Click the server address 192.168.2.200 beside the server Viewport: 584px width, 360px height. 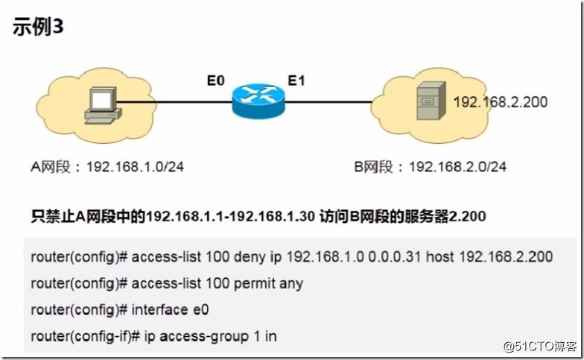(x=501, y=101)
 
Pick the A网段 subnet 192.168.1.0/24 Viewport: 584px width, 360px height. (x=135, y=166)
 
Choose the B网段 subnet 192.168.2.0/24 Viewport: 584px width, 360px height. (x=458, y=166)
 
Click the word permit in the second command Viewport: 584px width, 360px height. (x=243, y=284)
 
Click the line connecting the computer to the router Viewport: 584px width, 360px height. (x=171, y=101)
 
